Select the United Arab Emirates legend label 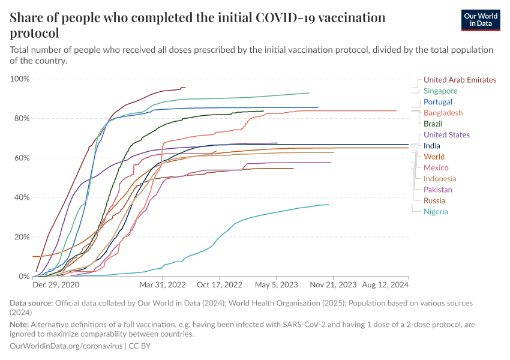click(460, 80)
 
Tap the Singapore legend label click(440, 91)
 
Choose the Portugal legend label click(438, 102)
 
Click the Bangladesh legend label click(443, 113)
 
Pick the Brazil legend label click(433, 124)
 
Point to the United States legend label click(446, 135)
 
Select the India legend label click(432, 146)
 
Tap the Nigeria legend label click(436, 212)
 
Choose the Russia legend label click(434, 200)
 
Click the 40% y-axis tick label click(22, 197)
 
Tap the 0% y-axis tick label click(23, 277)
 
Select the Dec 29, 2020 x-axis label click(56, 284)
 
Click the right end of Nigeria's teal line click(328, 205)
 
